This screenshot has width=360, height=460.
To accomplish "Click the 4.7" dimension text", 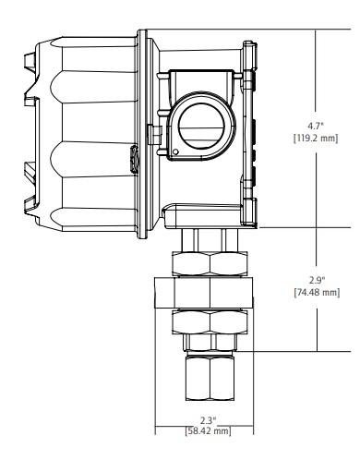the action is pyautogui.click(x=316, y=126).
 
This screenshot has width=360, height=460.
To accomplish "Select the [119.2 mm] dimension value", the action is pyautogui.click(x=316, y=139).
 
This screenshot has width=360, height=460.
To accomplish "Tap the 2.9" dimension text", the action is pyautogui.click(x=318, y=280).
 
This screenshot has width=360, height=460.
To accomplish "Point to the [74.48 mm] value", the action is pyautogui.click(x=318, y=292).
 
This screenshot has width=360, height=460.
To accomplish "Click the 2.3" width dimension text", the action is pyautogui.click(x=209, y=420).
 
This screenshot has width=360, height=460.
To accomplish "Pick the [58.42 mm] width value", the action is pyautogui.click(x=208, y=430).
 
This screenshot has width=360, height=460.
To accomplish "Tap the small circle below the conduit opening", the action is pyautogui.click(x=175, y=151).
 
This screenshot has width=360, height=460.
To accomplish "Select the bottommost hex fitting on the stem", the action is pyautogui.click(x=210, y=378).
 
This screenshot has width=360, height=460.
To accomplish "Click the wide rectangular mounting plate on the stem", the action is pyautogui.click(x=204, y=293).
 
